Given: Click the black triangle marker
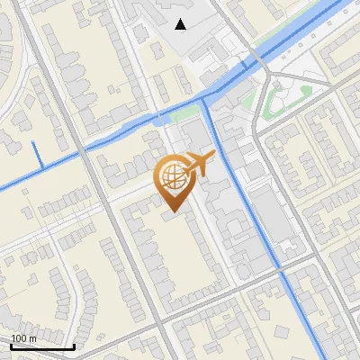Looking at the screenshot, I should (181, 24).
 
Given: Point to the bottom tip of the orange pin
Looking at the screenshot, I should (172, 211).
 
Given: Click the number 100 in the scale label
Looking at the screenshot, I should (19, 337).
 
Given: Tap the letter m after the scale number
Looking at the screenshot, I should (33, 337).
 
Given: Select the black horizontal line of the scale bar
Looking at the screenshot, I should (42, 346).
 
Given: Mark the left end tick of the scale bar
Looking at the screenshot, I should (11, 346).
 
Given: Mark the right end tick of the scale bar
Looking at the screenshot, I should (74, 346).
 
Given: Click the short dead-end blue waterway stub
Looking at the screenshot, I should (37, 154).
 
